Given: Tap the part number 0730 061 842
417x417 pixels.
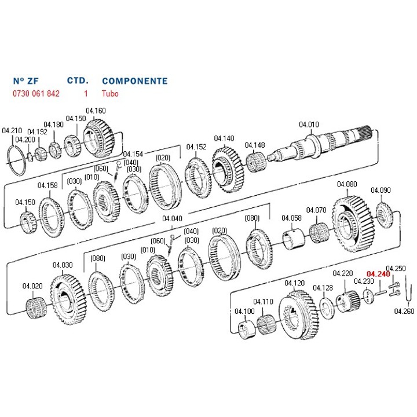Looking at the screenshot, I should [36, 93].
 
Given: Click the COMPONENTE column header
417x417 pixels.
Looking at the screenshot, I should [134, 81].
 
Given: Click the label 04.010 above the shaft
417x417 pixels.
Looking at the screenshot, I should [309, 125].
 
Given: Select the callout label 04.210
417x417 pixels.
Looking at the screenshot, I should [12, 130].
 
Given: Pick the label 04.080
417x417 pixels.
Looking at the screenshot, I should [347, 184].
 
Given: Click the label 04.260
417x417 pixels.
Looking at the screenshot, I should [404, 311].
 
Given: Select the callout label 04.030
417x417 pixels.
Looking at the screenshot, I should [63, 265].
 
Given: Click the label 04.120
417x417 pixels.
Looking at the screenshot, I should [295, 283].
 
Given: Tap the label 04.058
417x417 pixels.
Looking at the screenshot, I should [291, 218].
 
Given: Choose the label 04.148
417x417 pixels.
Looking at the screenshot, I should [255, 145].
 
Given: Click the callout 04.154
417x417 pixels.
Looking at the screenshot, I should [133, 154].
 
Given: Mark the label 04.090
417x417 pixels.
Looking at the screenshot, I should [381, 190].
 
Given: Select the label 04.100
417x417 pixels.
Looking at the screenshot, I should [244, 311].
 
